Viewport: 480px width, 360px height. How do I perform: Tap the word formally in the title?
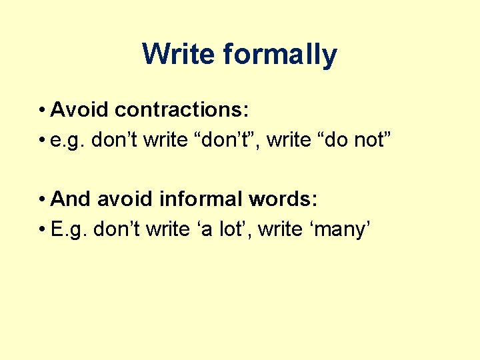280,54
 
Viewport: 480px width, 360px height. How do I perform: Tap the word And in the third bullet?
71,199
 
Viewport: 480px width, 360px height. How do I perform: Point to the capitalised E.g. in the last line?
70,230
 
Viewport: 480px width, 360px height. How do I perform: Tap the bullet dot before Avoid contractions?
42,109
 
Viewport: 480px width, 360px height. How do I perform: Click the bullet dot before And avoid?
42,199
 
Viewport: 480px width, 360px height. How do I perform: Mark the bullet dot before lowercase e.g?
42,141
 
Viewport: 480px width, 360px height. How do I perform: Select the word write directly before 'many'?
279,230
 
